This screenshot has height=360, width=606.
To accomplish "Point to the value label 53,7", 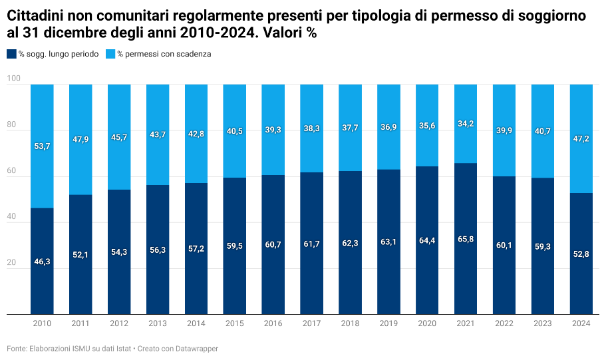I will tap(42, 146).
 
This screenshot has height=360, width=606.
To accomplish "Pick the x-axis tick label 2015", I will tap(235, 323).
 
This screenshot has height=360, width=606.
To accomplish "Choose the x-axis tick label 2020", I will tap(427, 323).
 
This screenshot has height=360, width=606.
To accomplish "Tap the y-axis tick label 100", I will tap(14, 80).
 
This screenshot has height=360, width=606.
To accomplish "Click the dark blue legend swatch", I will tap(11, 54).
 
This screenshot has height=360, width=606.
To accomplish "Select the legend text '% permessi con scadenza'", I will tap(164, 54).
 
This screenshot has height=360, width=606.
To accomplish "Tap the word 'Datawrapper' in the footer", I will tap(198, 349).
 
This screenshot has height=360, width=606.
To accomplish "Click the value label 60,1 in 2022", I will tap(504, 246).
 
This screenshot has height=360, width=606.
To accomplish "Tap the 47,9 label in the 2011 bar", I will tap(80, 140).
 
